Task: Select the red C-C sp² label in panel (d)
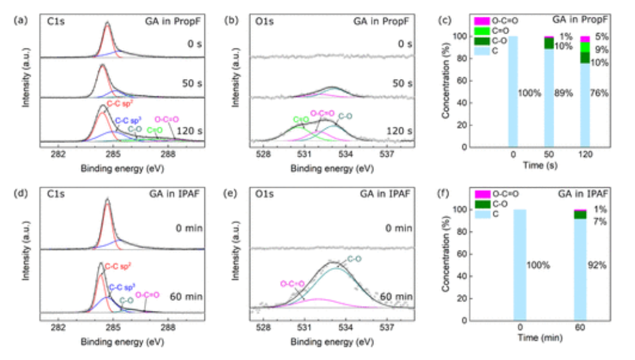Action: point(119,266)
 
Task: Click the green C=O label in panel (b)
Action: point(299,119)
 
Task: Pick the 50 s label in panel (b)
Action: point(401,83)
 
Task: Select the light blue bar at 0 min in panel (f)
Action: point(519,265)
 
